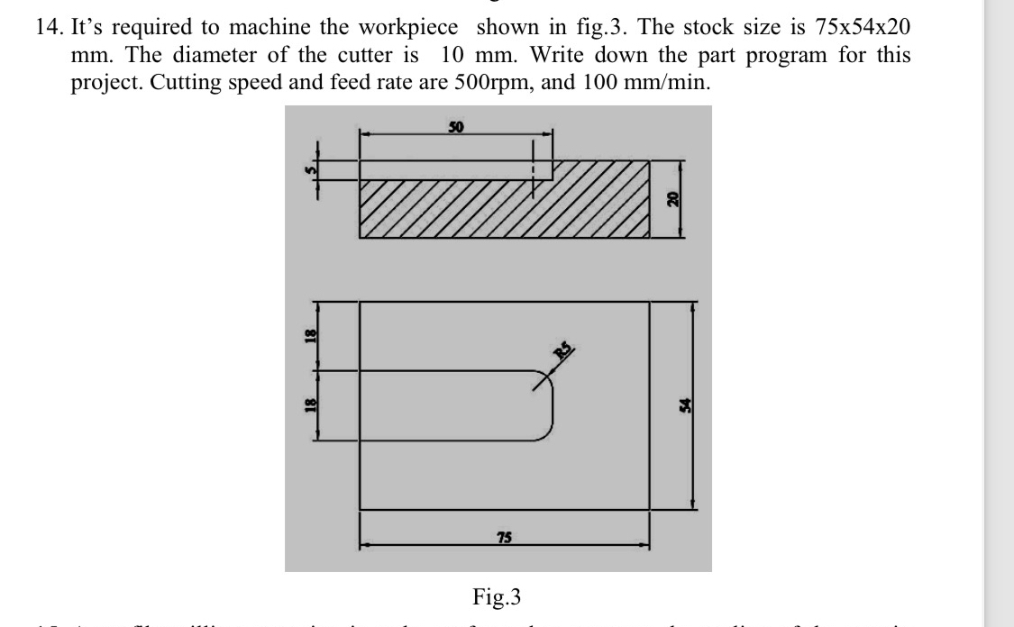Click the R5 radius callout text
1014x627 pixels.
pyautogui.click(x=564, y=353)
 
